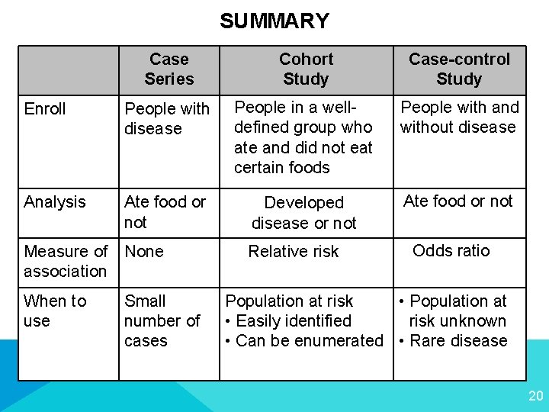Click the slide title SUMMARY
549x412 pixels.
pyautogui.click(x=274, y=21)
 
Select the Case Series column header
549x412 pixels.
pyautogui.click(x=169, y=69)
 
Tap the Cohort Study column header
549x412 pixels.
pyautogui.click(x=306, y=69)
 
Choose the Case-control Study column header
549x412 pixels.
pyautogui.click(x=459, y=69)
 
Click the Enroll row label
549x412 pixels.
pyautogui.click(x=45, y=109)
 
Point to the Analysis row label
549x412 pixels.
pyautogui.click(x=55, y=201)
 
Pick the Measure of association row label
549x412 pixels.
pyautogui.click(x=66, y=261)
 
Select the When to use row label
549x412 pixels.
pyautogui.click(x=55, y=311)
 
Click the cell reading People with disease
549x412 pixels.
pyautogui.click(x=166, y=118)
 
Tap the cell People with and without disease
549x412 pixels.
pyautogui.click(x=459, y=117)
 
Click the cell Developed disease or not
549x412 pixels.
pyautogui.click(x=303, y=213)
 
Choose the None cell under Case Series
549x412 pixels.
pyautogui.click(x=144, y=251)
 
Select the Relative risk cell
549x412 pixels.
pyautogui.click(x=294, y=251)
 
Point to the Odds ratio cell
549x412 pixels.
pyautogui.click(x=451, y=250)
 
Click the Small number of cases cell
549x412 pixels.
pyautogui.click(x=162, y=320)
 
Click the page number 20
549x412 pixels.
pyautogui.click(x=535, y=395)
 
